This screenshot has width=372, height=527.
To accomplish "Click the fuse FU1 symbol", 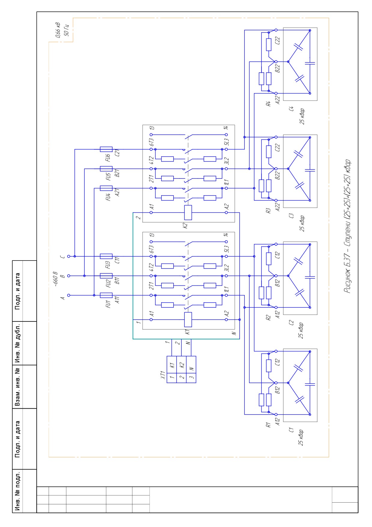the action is [x=106, y=295].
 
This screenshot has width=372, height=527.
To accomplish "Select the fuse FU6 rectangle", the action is [x=106, y=149].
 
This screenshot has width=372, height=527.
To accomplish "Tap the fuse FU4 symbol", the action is [x=106, y=188].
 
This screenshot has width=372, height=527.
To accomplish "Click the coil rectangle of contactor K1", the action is [x=188, y=320].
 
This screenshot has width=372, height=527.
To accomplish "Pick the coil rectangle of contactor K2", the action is [x=188, y=212].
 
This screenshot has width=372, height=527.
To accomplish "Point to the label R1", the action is [x=268, y=425].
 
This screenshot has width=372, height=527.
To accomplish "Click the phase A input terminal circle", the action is [x=68, y=295].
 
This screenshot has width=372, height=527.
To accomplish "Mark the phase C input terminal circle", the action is [x=68, y=256].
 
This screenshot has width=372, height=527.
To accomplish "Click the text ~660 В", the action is [x=55, y=279].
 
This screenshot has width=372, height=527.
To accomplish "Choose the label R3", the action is [x=268, y=211].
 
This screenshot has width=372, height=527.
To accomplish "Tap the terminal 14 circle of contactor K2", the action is [x=226, y=135].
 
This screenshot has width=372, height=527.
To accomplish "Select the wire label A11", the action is [x=117, y=300].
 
